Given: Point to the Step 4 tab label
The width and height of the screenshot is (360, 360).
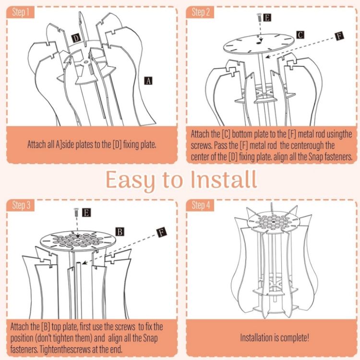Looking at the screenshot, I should click(x=201, y=205).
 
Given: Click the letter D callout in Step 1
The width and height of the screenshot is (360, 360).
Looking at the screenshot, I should click(x=76, y=38).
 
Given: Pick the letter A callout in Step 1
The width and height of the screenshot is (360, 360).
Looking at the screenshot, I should click(x=149, y=81).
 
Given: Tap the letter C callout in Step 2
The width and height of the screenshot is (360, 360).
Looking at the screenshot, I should click(x=300, y=35).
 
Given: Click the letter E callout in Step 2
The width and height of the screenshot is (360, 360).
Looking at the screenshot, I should click(x=267, y=18).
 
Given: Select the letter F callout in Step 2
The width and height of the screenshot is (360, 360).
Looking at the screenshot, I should click(x=339, y=36).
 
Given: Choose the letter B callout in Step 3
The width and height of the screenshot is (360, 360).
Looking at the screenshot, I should click(x=120, y=232).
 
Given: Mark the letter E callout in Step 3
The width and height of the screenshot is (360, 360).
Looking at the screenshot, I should click(x=86, y=212).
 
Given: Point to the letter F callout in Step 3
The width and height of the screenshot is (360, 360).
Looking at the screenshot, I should click(x=162, y=233).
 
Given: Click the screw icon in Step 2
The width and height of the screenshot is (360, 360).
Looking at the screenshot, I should click(x=259, y=17).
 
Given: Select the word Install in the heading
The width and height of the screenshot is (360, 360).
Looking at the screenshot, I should click(x=223, y=180).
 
